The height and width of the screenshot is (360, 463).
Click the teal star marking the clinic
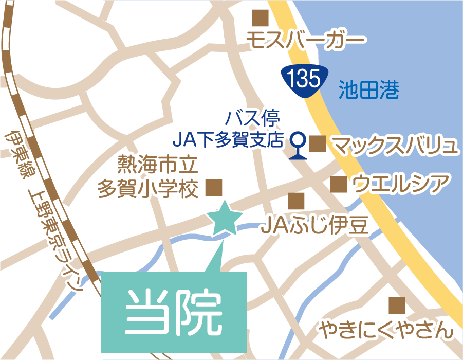tap(224, 219)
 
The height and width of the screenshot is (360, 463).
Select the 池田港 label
tap(369, 91)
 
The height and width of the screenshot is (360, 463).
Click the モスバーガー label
tap(306, 41)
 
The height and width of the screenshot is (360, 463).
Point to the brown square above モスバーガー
tap(260, 18)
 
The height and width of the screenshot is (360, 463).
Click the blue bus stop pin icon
tap(298, 146)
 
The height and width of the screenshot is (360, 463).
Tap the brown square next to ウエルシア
tap(338, 184)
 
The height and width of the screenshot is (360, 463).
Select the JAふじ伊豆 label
tap(314, 225)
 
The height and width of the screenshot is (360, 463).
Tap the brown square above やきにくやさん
tap(397, 305)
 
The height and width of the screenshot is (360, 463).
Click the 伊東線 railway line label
tap(15, 154)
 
